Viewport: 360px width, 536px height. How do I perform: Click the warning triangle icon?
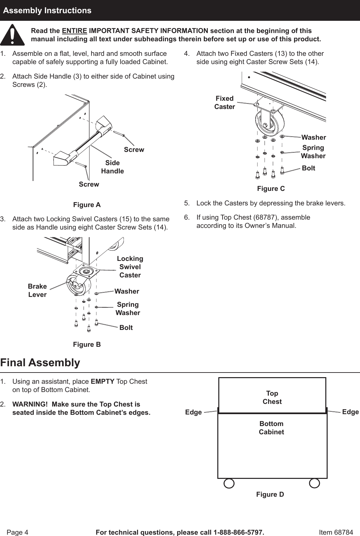point(12,35)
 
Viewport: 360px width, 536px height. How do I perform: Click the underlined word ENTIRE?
point(74,31)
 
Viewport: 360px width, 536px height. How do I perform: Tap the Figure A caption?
point(87,205)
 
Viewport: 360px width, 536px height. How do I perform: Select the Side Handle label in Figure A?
point(112,167)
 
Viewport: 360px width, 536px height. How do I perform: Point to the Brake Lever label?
point(37,290)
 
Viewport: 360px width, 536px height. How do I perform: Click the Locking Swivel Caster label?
point(130,267)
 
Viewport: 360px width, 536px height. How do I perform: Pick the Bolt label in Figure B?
point(126,328)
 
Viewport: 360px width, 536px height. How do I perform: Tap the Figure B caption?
point(87,344)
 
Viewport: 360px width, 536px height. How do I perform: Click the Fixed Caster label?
point(225,102)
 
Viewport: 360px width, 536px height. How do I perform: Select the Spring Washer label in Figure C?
point(313,152)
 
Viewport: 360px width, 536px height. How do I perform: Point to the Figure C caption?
point(271,189)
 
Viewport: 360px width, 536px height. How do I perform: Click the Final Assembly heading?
point(40,363)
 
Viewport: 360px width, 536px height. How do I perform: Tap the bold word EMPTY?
point(103,381)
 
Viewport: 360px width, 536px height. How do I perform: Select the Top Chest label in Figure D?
point(272,397)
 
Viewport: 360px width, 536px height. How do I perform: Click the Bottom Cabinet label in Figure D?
point(271,428)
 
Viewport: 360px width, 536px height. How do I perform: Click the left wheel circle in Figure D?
point(229,483)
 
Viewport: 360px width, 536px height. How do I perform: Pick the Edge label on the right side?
point(350,412)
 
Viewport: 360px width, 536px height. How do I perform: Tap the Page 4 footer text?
point(18,532)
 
